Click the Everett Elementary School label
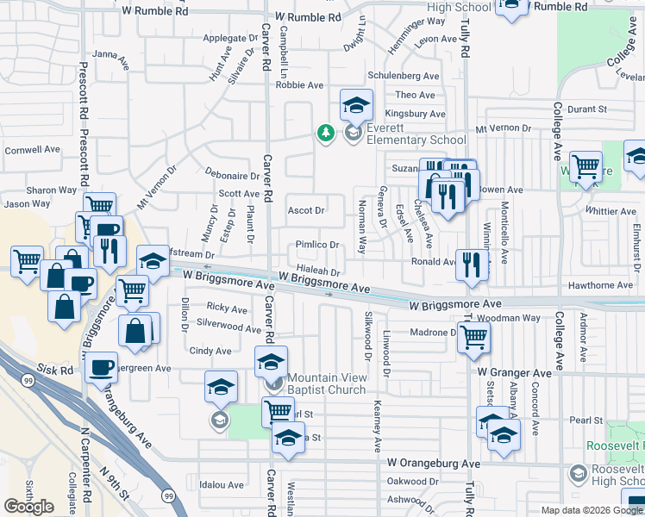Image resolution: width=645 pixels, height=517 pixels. coord(416,134)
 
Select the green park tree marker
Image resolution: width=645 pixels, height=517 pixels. coord(325,133)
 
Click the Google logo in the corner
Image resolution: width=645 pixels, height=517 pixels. coord(28,506)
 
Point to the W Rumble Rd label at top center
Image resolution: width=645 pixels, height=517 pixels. coord(303,16)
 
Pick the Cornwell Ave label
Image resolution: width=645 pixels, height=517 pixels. coord(32,149)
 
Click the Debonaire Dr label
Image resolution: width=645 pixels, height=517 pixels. coord(232,175)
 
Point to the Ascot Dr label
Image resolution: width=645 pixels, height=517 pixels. coord(305,210)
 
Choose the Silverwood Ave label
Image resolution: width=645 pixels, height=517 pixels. coord(229,328)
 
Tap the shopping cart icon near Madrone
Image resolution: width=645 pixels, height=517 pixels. coord(473,339)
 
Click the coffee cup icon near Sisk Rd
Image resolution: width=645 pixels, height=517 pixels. coord(101,367)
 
